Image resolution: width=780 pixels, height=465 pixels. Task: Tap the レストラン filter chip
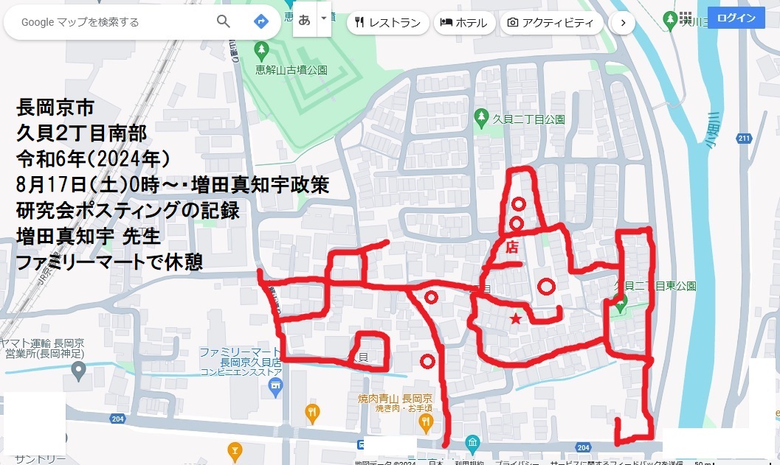click(x=388, y=23)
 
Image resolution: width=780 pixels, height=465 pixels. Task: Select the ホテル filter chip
click(x=463, y=23)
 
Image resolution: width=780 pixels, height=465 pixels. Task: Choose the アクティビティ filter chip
click(x=551, y=23)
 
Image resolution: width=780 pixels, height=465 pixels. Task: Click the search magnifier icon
click(x=224, y=21)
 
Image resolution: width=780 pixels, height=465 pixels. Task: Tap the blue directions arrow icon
click(x=260, y=21)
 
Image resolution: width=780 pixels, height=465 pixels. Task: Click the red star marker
click(x=516, y=318)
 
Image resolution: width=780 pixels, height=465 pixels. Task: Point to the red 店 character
click(x=511, y=248)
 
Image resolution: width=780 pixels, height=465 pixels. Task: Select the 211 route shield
click(x=743, y=138)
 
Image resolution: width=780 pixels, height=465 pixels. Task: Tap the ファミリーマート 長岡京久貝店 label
click(x=241, y=358)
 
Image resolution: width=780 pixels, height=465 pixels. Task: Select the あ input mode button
click(x=304, y=21)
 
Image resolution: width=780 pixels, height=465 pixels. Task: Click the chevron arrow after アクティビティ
click(x=623, y=23)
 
